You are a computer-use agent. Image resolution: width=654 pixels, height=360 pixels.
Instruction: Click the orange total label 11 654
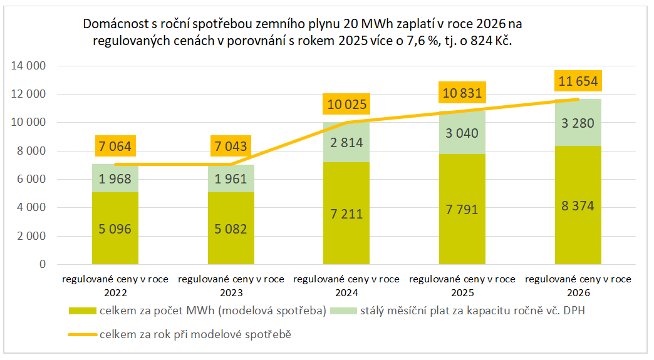click(578, 81)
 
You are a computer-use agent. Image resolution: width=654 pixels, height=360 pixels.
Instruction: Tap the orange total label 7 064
click(115, 147)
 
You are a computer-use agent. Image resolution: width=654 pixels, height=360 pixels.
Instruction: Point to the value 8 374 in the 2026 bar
click(578, 206)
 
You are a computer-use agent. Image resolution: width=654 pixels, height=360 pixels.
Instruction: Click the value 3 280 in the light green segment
click(578, 123)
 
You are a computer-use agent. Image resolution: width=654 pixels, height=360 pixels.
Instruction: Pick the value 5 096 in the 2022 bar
click(115, 229)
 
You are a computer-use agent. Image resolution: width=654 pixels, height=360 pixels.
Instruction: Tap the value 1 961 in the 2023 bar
click(231, 178)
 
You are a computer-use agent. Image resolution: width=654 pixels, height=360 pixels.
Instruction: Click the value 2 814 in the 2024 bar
click(346, 142)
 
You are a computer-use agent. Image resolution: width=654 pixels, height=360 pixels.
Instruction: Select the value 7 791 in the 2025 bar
click(462, 209)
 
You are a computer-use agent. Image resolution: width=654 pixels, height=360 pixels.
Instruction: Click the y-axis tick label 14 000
click(29, 66)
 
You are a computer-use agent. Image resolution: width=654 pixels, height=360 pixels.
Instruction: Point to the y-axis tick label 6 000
click(31, 179)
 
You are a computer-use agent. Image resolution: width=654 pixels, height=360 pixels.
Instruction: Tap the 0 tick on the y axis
click(42, 264)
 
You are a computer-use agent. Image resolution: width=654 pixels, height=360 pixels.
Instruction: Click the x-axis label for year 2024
click(346, 285)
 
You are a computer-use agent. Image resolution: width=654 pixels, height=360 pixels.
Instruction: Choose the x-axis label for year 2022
click(115, 285)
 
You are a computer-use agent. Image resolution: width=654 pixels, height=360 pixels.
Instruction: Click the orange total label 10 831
click(462, 93)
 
